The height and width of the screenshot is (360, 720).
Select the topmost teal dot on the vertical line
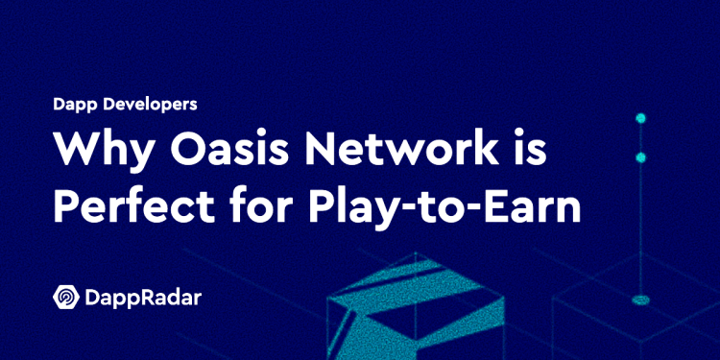[x=640, y=118]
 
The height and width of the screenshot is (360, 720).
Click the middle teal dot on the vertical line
[x=640, y=156]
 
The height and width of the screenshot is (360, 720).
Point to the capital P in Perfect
[x=65, y=207]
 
